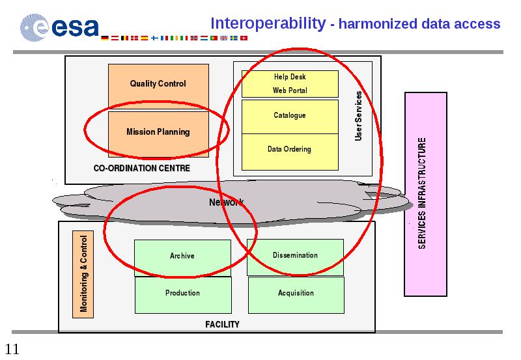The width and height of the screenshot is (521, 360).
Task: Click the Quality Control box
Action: tap(158, 87)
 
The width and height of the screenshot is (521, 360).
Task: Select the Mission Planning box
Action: tap(158, 134)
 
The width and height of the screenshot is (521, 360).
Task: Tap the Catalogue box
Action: tap(290, 117)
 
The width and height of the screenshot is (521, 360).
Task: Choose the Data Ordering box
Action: tap(290, 152)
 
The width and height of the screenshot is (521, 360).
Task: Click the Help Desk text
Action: tap(290, 77)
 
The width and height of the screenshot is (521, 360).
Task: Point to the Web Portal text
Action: tap(290, 90)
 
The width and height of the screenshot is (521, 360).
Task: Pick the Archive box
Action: tap(182, 258)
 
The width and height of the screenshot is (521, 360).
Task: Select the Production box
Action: tap(183, 295)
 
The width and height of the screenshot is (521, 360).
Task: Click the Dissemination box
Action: tap(295, 257)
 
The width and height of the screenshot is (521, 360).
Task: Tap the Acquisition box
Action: tap(296, 295)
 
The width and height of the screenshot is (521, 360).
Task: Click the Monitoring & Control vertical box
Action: tap(83, 274)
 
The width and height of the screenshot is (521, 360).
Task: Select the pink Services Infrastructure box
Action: tap(426, 194)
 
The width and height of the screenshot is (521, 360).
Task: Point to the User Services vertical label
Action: tap(358, 116)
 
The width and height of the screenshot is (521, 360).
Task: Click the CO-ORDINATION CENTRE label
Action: tap(142, 168)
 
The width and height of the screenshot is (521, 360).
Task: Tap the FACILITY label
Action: tap(222, 324)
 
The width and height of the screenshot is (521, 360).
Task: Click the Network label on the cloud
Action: tap(226, 202)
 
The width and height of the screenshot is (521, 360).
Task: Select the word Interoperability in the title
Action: tap(268, 24)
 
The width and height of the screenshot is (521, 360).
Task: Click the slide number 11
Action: tap(12, 349)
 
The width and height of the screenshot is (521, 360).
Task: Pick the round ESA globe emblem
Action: tap(35, 27)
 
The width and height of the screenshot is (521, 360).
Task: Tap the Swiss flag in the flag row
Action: tap(244, 38)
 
